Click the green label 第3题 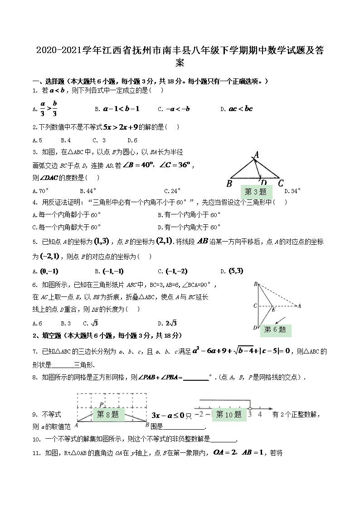(x=255, y=191)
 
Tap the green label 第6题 (x=275, y=329)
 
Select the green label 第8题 (x=107, y=414)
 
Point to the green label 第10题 (x=229, y=414)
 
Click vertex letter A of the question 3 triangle (x=257, y=155)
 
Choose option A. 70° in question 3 (x=41, y=191)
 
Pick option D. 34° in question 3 (x=292, y=191)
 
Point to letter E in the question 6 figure (x=273, y=310)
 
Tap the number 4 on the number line (x=260, y=414)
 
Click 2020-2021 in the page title (x=59, y=50)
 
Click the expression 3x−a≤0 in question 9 (x=168, y=415)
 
